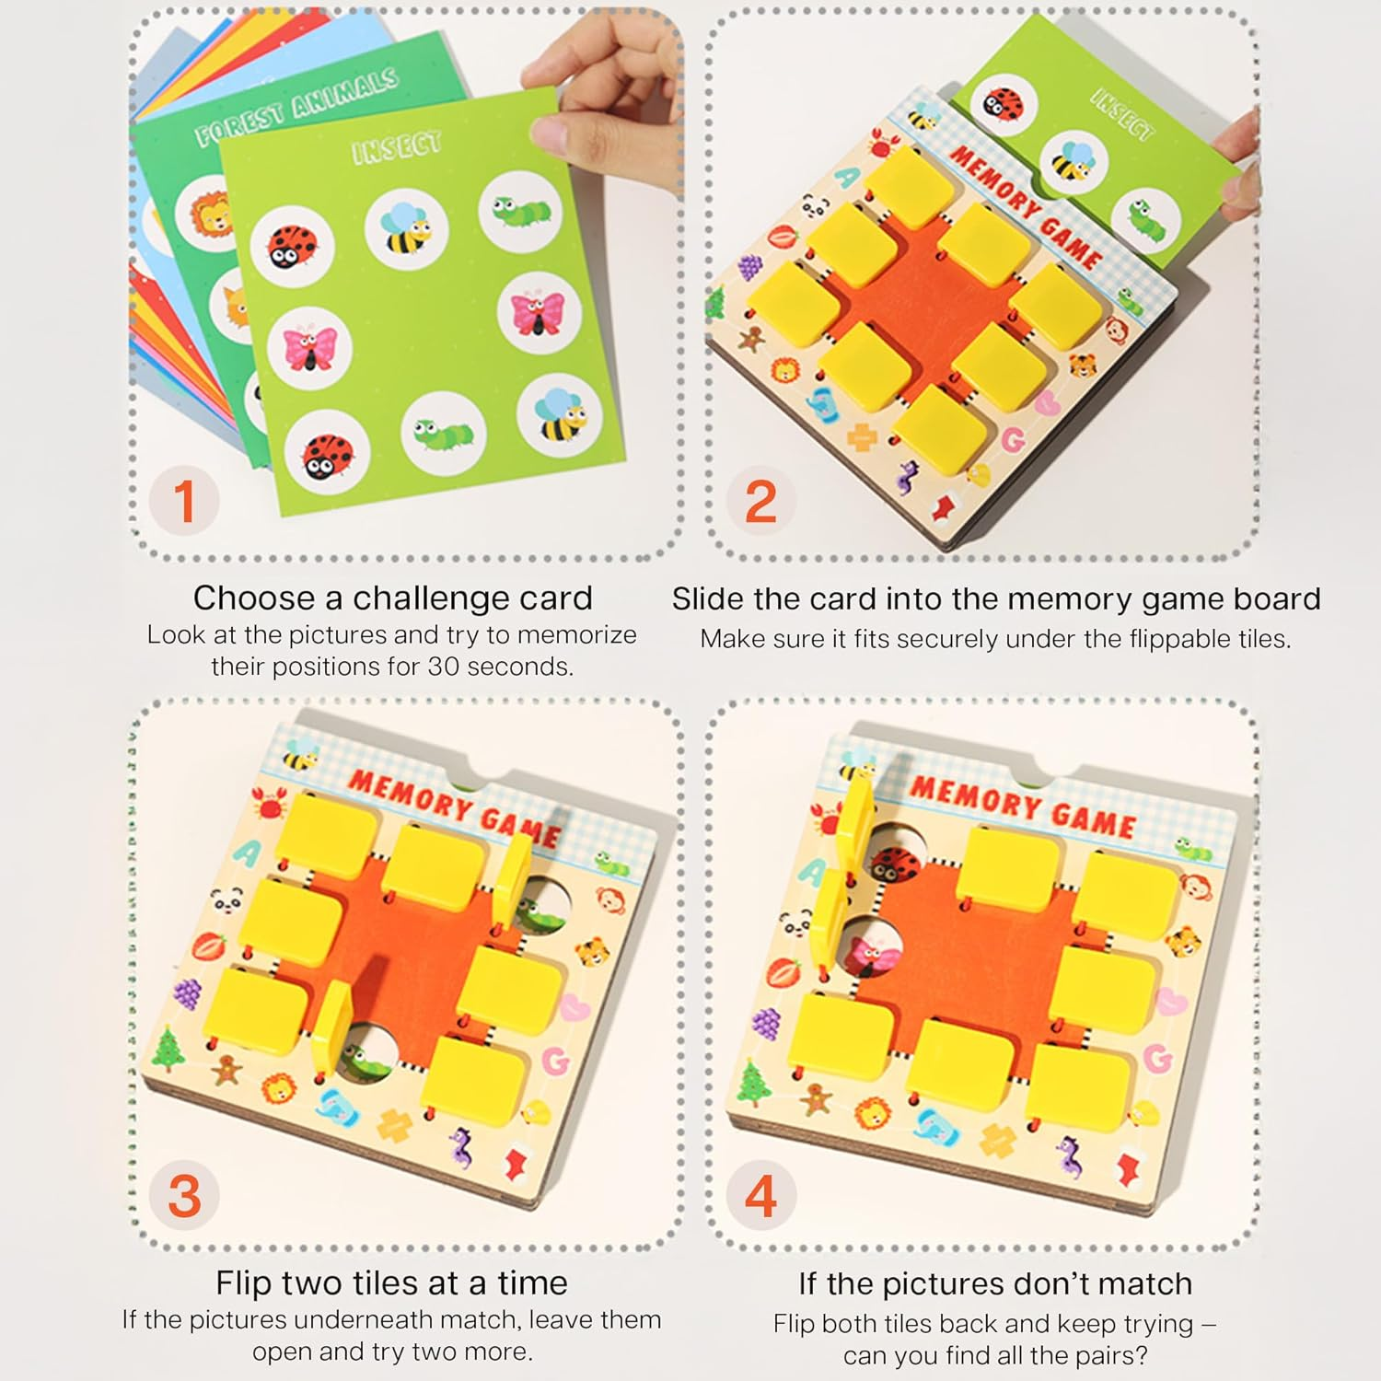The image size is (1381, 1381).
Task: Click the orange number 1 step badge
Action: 185,502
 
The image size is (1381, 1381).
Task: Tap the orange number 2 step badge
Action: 760,502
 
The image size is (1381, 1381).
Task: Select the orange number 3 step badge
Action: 185,1196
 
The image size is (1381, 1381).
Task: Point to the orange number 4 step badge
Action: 760,1196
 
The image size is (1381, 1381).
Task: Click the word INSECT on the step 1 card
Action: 397,147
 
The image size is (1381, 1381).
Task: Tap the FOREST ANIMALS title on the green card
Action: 296,107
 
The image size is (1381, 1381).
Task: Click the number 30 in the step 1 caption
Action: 447,667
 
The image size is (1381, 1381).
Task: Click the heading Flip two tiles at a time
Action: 391,1282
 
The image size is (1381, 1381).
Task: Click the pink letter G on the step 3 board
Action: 555,1062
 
